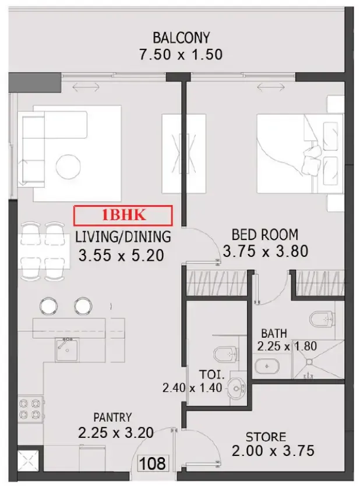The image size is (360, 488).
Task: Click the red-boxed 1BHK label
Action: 123,215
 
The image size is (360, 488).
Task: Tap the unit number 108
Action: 152,464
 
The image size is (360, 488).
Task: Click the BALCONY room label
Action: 181,38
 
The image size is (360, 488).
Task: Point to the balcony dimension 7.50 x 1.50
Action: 181,55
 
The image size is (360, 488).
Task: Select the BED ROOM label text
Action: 265,235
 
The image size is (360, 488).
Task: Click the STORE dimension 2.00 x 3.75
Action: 273,451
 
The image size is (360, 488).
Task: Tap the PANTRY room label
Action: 112,418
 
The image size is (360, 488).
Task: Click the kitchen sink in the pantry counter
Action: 67,349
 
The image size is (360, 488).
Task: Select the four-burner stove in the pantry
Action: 30,409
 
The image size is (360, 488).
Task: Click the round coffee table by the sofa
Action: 68,167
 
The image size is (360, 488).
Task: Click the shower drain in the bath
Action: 309,362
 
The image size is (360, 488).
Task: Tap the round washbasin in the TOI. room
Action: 237,388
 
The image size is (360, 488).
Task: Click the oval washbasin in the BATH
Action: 267,366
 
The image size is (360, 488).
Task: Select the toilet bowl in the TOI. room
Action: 226,354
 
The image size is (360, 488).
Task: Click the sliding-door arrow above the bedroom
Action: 271,87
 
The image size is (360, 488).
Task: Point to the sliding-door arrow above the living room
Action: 86,87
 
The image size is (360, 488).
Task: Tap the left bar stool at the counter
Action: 48,306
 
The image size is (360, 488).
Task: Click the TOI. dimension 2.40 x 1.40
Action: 192,388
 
